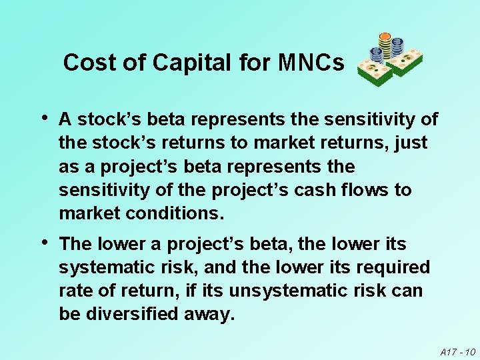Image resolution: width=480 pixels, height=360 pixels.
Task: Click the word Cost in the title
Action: click(x=83, y=63)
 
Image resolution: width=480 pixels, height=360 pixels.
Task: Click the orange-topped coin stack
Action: click(x=385, y=41)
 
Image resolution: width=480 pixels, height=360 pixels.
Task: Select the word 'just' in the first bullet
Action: click(x=413, y=143)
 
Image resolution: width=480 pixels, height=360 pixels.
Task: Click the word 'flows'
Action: click(x=367, y=190)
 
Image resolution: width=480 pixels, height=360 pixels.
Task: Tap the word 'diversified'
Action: click(x=131, y=314)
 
